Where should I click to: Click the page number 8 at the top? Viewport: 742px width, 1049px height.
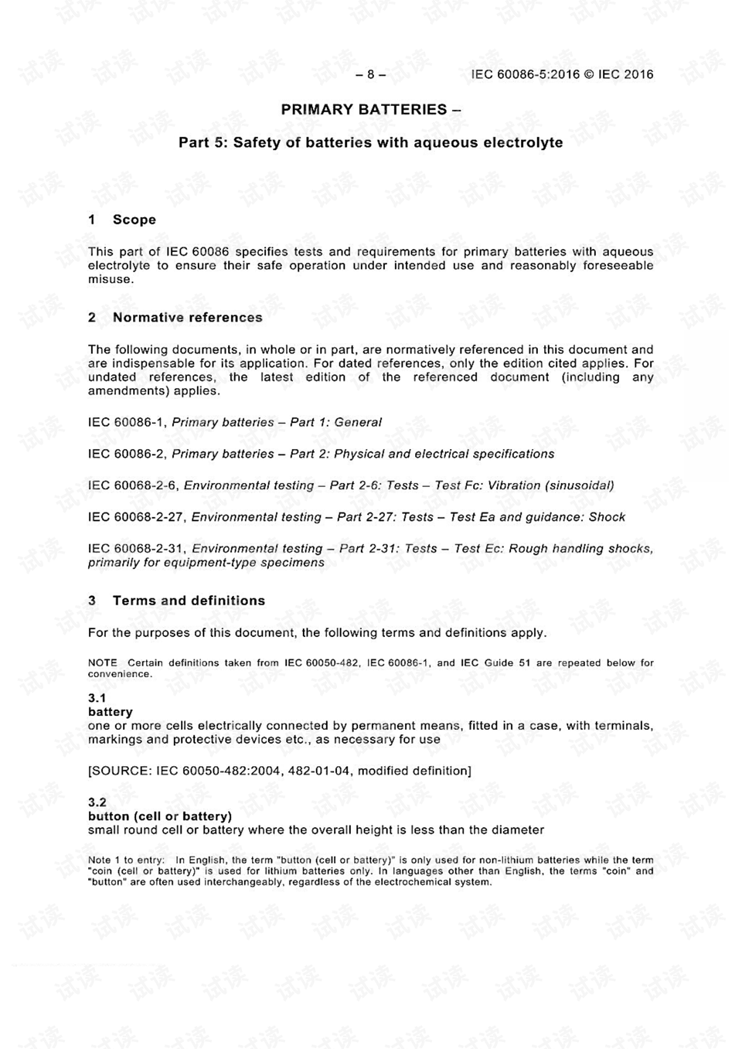click(371, 74)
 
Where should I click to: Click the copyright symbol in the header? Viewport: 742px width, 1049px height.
click(589, 74)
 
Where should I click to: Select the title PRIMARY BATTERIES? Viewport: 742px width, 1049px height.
click(364, 110)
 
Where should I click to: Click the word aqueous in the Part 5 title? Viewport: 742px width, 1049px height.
click(445, 143)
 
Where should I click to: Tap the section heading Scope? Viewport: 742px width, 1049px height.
click(134, 220)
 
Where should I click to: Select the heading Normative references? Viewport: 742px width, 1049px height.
click(187, 318)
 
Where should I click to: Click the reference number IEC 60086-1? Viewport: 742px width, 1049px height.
click(128, 423)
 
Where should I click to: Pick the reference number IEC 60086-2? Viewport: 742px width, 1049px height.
click(128, 455)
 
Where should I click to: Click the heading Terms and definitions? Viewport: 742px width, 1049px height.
click(189, 601)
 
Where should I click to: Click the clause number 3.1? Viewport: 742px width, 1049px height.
click(97, 698)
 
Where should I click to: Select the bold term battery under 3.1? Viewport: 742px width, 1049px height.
click(111, 712)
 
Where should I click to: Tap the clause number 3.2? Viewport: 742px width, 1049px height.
click(97, 802)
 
